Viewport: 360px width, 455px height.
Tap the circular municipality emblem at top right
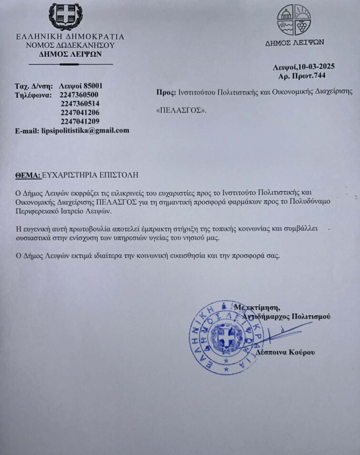[294, 20]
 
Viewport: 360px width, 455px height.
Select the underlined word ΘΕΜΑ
[27, 175]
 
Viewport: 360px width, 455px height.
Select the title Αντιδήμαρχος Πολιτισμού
[286, 316]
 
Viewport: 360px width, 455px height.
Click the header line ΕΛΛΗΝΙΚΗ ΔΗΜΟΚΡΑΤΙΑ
[70, 37]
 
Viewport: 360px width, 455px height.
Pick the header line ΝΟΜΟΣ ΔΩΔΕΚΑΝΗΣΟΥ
[70, 45]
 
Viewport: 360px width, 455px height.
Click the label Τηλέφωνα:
[33, 95]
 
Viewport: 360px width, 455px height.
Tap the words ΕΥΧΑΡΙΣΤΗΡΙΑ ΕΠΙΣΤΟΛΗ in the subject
[90, 175]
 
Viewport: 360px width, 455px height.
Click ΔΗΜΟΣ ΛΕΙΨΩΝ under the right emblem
[295, 42]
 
